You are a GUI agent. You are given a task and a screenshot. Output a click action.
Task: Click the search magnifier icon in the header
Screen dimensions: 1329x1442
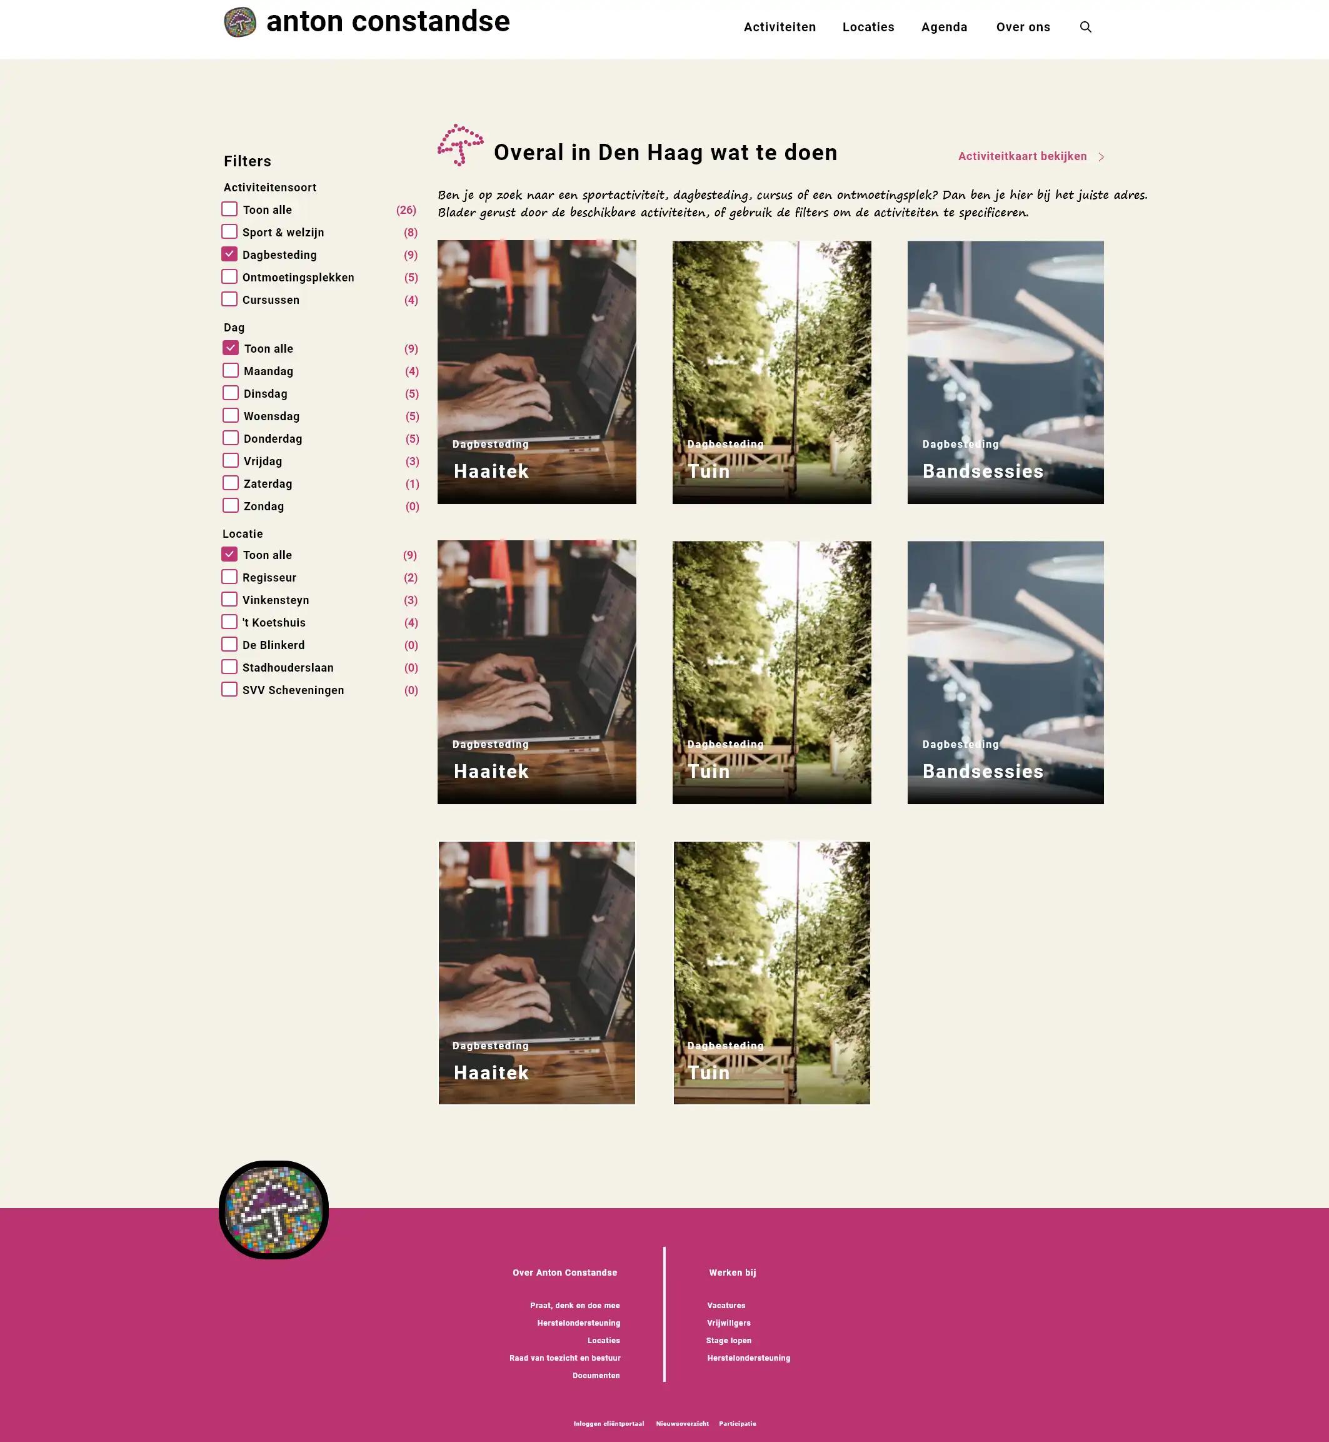pyautogui.click(x=1085, y=28)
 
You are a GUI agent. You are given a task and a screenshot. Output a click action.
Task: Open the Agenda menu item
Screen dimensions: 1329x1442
pyautogui.click(x=945, y=28)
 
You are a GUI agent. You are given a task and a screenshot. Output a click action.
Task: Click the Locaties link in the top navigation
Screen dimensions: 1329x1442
pyautogui.click(x=868, y=28)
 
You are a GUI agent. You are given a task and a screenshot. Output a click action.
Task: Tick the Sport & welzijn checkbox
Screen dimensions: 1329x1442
pyautogui.click(x=229, y=231)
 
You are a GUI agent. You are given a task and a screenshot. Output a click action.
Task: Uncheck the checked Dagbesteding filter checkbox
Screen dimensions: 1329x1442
pyautogui.click(x=229, y=254)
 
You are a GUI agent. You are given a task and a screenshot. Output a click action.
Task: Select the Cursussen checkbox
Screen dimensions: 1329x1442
pyautogui.click(x=229, y=299)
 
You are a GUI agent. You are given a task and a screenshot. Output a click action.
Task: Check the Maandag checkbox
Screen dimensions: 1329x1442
pyautogui.click(x=230, y=370)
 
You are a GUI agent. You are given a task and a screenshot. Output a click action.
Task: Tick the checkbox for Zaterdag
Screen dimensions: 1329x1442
pyautogui.click(x=230, y=483)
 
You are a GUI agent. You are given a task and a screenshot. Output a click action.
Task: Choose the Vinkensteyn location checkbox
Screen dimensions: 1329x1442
pyautogui.click(x=229, y=599)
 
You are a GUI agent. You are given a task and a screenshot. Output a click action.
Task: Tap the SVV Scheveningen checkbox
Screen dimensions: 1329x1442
pyautogui.click(x=229, y=689)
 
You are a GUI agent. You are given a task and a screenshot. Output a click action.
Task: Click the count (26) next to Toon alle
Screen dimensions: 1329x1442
pyautogui.click(x=406, y=210)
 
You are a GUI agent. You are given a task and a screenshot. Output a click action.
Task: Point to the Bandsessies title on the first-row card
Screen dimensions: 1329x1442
pyautogui.click(x=982, y=471)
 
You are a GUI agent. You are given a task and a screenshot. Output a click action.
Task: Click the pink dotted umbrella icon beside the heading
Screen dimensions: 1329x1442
pyautogui.click(x=460, y=144)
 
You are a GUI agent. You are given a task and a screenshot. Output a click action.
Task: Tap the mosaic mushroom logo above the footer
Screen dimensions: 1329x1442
pyautogui.click(x=273, y=1210)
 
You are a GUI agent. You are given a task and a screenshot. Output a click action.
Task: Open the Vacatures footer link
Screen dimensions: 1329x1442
pyautogui.click(x=726, y=1305)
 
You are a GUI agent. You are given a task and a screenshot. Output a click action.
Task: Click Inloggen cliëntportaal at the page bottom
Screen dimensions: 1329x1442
pyautogui.click(x=608, y=1423)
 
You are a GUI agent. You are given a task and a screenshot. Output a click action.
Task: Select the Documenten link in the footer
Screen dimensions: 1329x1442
pyautogui.click(x=596, y=1375)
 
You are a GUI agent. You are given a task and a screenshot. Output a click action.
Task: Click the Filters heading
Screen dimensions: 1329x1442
pyautogui.click(x=248, y=161)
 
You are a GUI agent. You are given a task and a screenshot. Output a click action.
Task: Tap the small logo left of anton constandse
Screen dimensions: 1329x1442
pyautogui.click(x=240, y=23)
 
